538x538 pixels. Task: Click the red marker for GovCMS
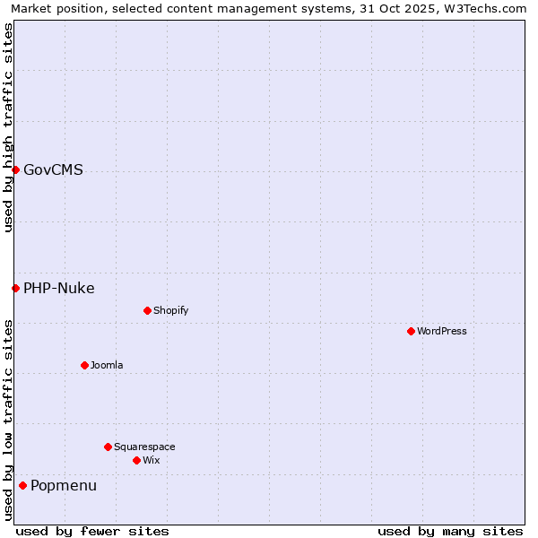15,169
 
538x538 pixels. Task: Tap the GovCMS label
53,170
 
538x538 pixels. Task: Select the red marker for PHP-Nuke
15,288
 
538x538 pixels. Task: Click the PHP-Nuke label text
58,289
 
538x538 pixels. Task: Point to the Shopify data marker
147,310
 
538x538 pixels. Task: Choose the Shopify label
170,311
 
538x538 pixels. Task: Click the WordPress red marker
411,331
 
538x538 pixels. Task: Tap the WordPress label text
441,332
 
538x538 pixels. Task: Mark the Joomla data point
84,365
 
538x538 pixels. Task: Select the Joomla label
107,366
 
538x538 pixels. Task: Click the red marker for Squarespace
108,447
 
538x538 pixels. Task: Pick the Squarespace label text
144,447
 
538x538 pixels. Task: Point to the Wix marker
136,460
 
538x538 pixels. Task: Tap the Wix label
151,461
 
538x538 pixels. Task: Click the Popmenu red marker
22,485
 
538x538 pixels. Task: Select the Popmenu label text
64,486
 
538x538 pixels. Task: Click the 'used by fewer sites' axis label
92,531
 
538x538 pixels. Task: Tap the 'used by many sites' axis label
450,531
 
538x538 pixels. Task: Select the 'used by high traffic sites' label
8,127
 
